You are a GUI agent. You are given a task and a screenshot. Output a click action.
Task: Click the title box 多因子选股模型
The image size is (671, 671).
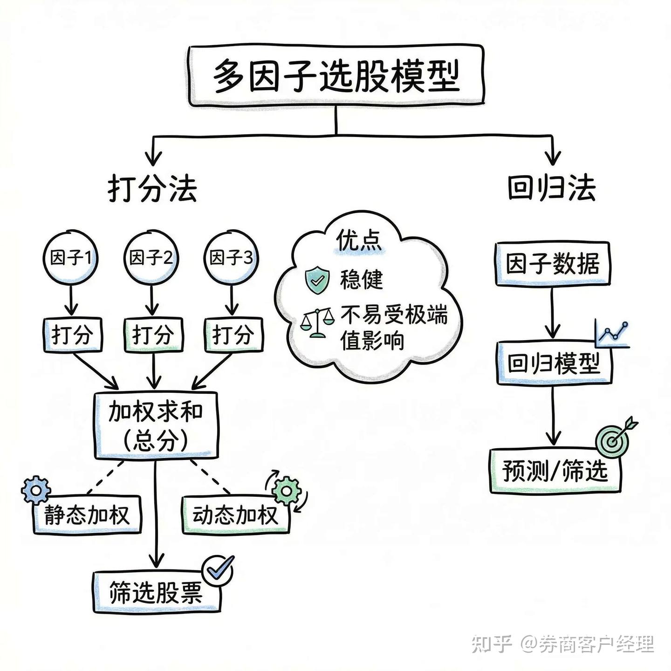pos(336,75)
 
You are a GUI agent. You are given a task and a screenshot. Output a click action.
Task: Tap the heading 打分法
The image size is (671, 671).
pos(152,189)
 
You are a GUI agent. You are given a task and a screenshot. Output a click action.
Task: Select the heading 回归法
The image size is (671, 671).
pos(551,188)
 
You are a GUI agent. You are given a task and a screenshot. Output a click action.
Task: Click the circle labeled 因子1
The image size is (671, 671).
pos(71,257)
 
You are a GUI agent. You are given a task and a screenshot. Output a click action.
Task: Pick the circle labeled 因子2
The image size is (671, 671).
pos(151,257)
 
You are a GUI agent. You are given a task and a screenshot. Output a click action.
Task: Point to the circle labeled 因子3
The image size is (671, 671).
pos(232,257)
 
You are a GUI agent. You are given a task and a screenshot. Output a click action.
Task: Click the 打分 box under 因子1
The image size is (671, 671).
pos(72,335)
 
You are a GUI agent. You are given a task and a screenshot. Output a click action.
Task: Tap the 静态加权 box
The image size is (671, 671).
pos(87,515)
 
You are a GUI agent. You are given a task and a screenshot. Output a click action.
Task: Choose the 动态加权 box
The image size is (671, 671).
pos(235,515)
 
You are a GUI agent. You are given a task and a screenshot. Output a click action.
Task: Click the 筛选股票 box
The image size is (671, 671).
pos(156,592)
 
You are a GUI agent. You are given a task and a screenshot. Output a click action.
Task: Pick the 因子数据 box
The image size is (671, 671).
pos(553,264)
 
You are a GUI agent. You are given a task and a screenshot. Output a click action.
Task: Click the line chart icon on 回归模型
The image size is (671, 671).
pos(612,334)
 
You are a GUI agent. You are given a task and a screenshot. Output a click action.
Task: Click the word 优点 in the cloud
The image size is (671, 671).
pos(359,240)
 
